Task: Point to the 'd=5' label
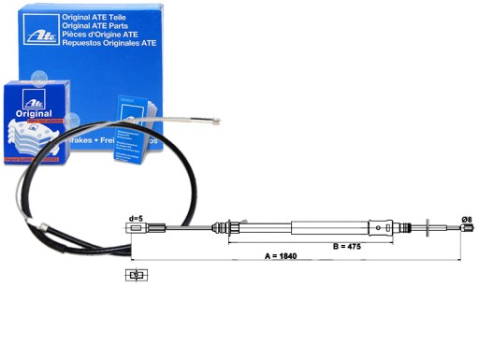pos(135,219)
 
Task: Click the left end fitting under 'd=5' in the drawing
pos(135,228)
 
